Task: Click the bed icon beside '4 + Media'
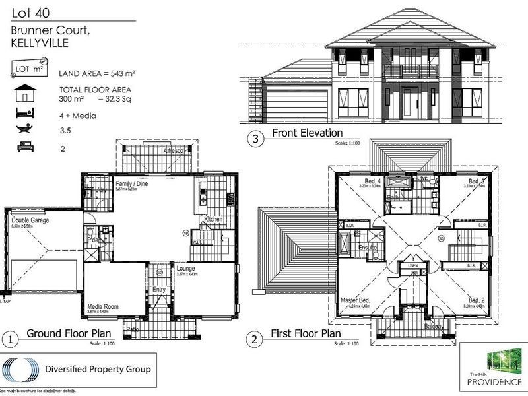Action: tap(24, 114)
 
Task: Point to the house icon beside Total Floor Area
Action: tap(24, 92)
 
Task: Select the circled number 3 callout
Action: tap(254, 139)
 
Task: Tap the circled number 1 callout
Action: tap(10, 340)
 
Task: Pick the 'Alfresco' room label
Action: tap(173, 150)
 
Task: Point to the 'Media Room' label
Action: tap(102, 306)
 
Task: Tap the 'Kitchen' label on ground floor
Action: tap(213, 219)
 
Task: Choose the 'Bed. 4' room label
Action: tap(373, 181)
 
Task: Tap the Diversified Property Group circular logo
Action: tap(22, 370)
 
